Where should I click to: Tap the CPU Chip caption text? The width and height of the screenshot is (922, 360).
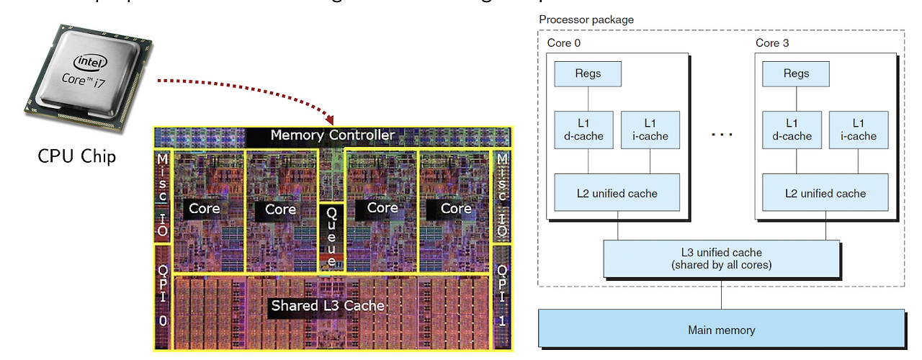tap(76, 156)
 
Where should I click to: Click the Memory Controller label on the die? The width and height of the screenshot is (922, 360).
tap(332, 135)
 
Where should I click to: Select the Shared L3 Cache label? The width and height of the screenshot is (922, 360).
tap(328, 305)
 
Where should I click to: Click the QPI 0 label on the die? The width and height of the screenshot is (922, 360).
tap(163, 295)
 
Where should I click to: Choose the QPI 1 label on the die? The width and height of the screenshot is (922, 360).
tap(502, 295)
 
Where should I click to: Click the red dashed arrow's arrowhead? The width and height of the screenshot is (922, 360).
tap(330, 119)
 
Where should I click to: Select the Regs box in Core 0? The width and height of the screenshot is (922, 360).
tap(588, 73)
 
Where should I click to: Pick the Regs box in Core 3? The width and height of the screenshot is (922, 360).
tap(796, 73)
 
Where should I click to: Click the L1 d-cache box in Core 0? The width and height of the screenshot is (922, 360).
tap(583, 130)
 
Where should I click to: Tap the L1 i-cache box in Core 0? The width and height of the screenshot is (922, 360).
tap(650, 130)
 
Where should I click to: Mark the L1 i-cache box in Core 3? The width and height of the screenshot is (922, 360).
tap(858, 130)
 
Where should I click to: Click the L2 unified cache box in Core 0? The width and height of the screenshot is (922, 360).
tap(617, 193)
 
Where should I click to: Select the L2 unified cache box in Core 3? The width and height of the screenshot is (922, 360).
tap(825, 193)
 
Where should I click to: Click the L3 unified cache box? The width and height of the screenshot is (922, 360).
tap(721, 258)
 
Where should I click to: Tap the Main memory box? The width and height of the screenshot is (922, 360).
tap(721, 330)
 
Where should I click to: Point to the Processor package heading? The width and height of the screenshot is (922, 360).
tap(586, 19)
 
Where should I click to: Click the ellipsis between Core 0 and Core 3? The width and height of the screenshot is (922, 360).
tap(721, 135)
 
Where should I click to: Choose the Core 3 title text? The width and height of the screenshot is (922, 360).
tap(772, 43)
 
